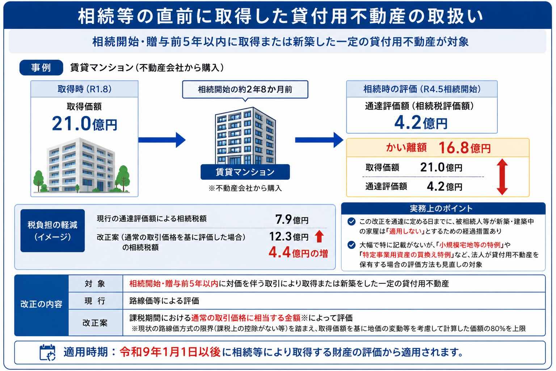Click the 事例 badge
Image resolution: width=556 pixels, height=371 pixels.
[41, 68]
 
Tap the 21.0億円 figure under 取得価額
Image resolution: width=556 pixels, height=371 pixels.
[84, 124]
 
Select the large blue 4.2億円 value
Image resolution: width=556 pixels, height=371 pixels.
[421, 122]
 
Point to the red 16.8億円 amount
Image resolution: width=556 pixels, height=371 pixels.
[465, 148]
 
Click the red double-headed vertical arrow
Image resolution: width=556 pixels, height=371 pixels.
[502, 177]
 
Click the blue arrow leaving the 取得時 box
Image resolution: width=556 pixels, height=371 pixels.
[162, 140]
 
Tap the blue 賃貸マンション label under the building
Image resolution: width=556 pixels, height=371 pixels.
[245, 172]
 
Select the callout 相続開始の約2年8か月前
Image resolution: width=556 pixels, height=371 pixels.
[245, 89]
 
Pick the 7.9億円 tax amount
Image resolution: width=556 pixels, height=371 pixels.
[292, 220]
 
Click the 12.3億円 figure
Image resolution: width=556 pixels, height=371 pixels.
[289, 236]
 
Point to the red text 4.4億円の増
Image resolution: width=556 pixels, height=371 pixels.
[298, 253]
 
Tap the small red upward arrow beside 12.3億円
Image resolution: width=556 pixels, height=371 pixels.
[320, 236]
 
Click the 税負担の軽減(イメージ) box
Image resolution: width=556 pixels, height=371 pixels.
[52, 230]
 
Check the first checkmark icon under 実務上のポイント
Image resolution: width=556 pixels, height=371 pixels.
[351, 221]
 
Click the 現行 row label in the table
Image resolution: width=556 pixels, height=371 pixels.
[95, 301]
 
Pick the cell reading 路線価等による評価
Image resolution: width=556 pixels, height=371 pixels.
[164, 301]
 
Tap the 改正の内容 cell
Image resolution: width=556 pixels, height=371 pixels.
[42, 304]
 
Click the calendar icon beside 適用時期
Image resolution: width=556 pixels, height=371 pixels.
[47, 353]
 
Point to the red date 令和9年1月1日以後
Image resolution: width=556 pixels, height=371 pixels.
[170, 352]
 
